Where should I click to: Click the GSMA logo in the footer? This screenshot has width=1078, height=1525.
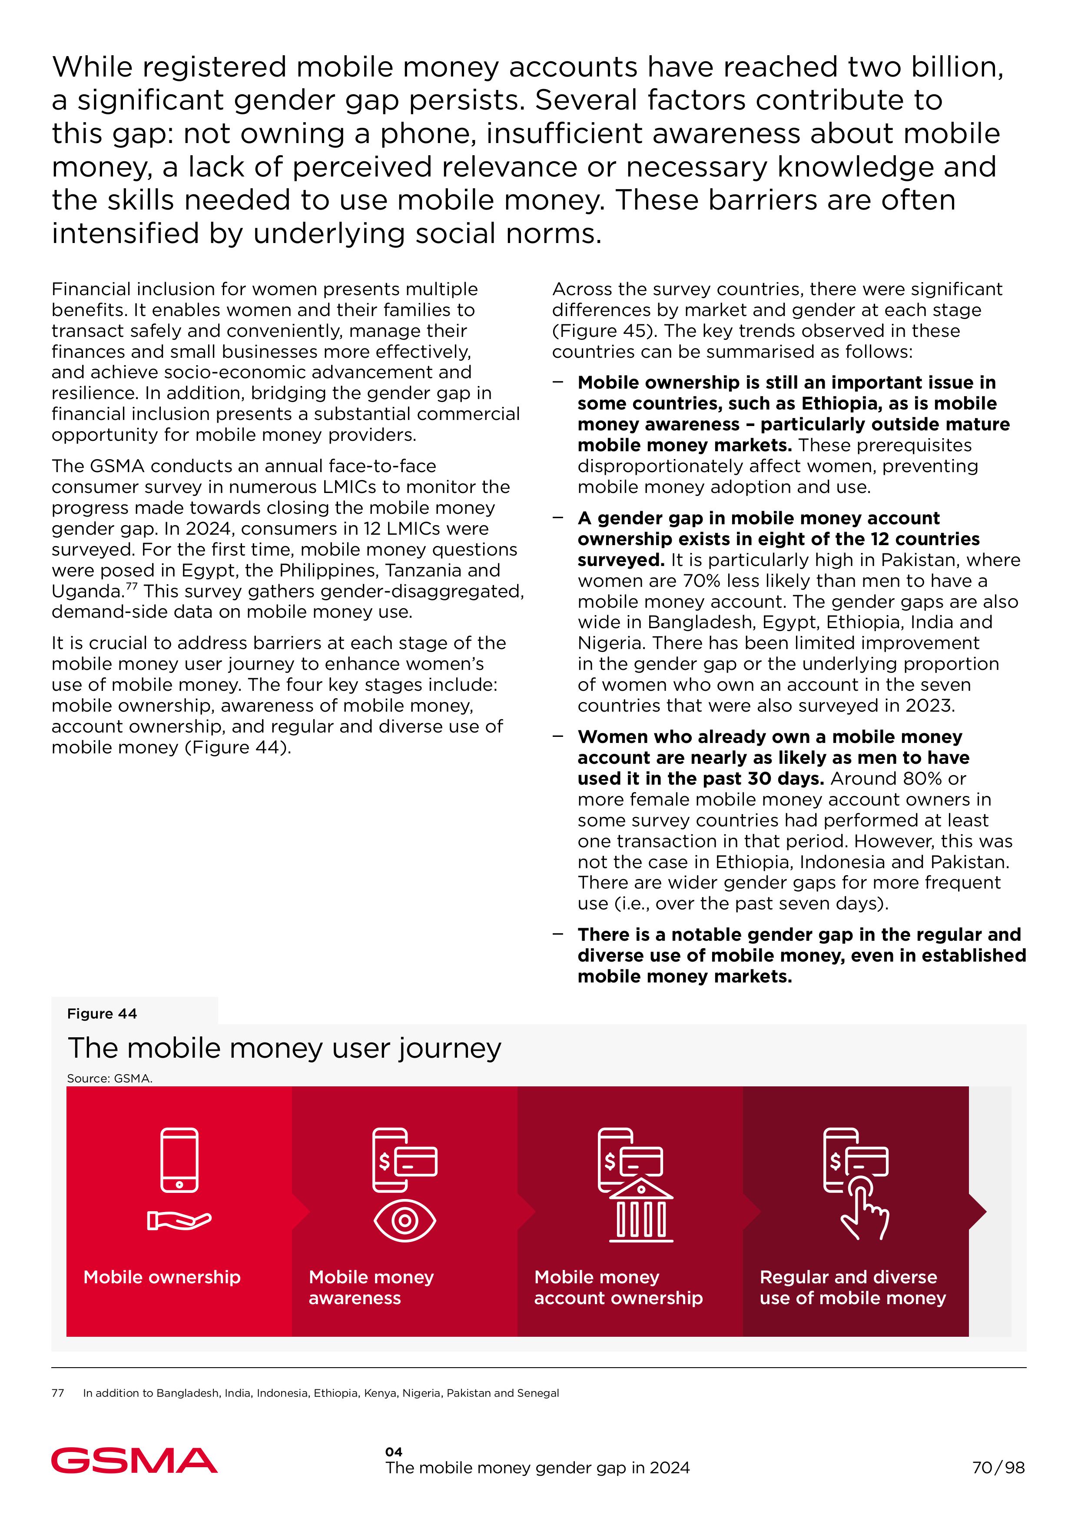[x=134, y=1461]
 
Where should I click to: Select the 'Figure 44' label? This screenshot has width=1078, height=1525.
[x=102, y=1014]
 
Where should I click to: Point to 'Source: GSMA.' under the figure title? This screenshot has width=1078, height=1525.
[x=109, y=1079]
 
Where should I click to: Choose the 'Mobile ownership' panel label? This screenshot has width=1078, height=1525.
[x=162, y=1277]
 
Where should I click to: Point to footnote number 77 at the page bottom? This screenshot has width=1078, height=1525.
[x=58, y=1393]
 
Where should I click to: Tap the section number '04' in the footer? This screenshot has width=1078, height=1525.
[x=394, y=1452]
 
